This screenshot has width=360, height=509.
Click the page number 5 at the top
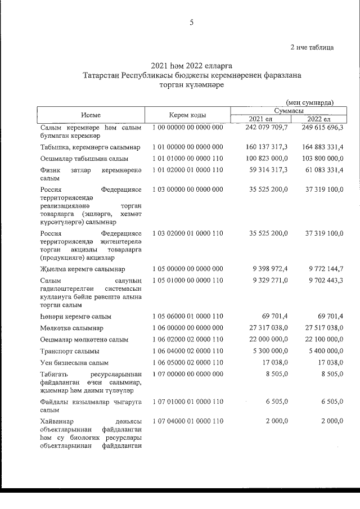click(191, 22)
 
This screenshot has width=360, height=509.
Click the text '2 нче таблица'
click(312, 47)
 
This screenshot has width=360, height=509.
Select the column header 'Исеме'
click(90, 115)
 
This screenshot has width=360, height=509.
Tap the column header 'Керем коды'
click(188, 115)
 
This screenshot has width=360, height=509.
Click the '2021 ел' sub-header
click(260, 119)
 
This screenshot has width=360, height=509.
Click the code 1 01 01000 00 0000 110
click(188, 158)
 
